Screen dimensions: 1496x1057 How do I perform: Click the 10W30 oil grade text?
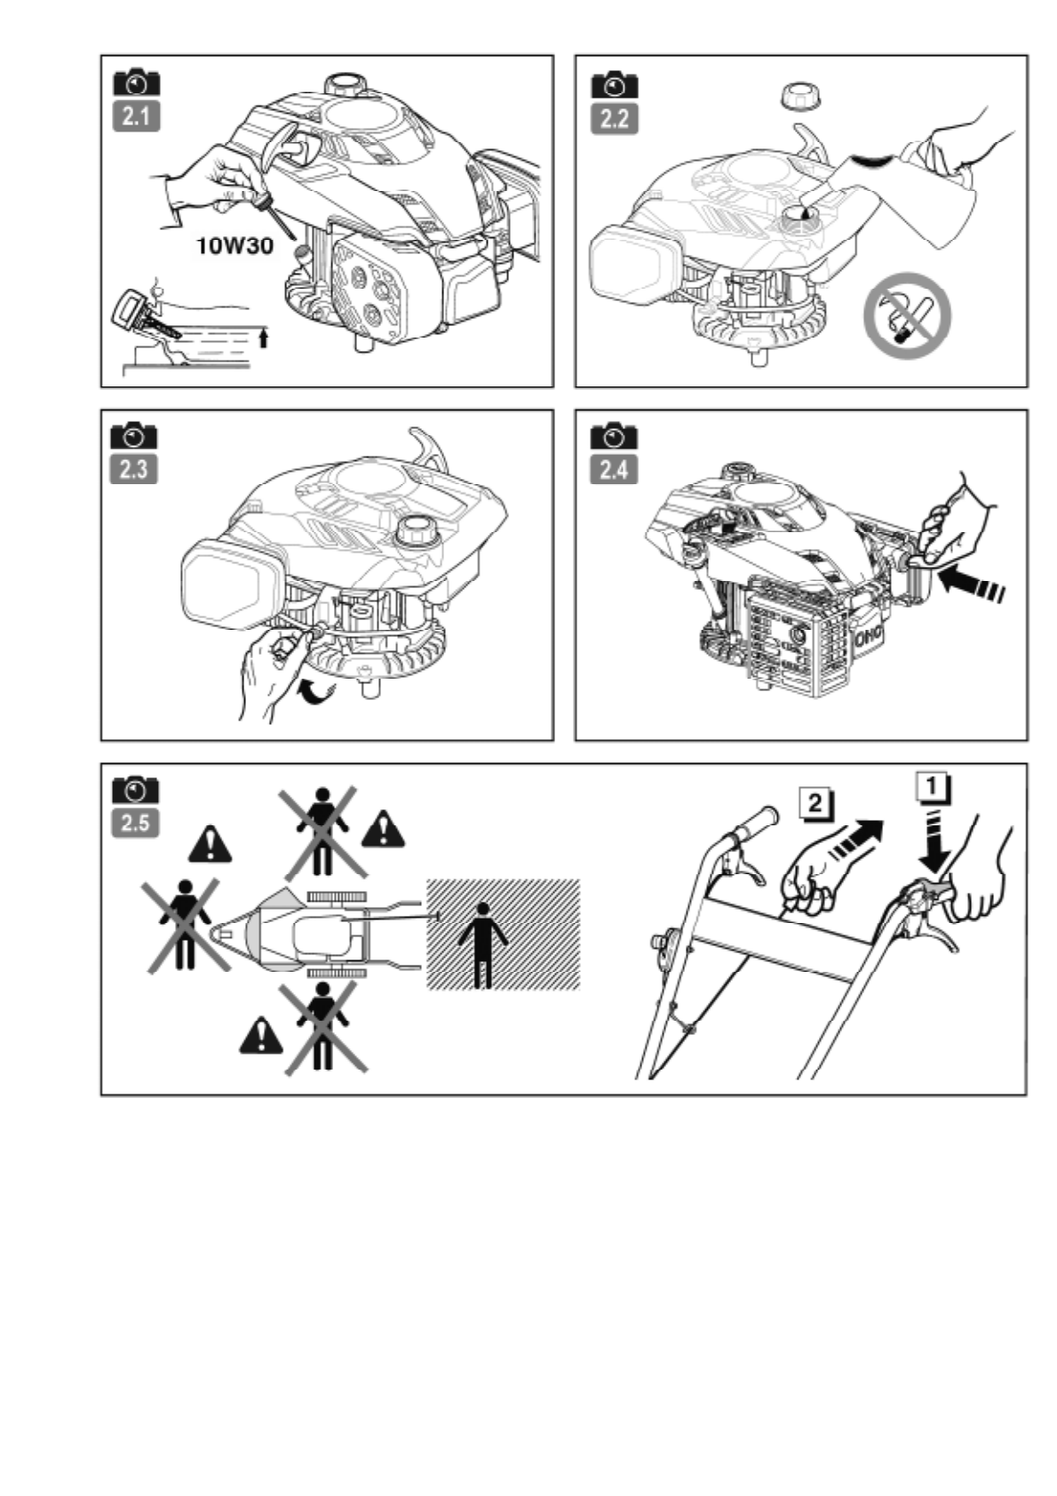click(234, 244)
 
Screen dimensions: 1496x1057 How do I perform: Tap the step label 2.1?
click(137, 116)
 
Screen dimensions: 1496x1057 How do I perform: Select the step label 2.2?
click(614, 118)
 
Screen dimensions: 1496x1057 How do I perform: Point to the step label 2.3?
click(133, 468)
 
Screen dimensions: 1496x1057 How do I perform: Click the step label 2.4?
click(614, 468)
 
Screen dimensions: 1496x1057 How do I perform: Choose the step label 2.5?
click(135, 823)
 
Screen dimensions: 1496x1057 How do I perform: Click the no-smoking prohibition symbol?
click(906, 316)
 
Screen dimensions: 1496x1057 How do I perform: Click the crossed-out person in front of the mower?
click(184, 924)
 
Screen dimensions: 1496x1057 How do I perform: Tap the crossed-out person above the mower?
click(322, 830)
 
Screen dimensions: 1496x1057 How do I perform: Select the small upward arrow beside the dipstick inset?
click(263, 338)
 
